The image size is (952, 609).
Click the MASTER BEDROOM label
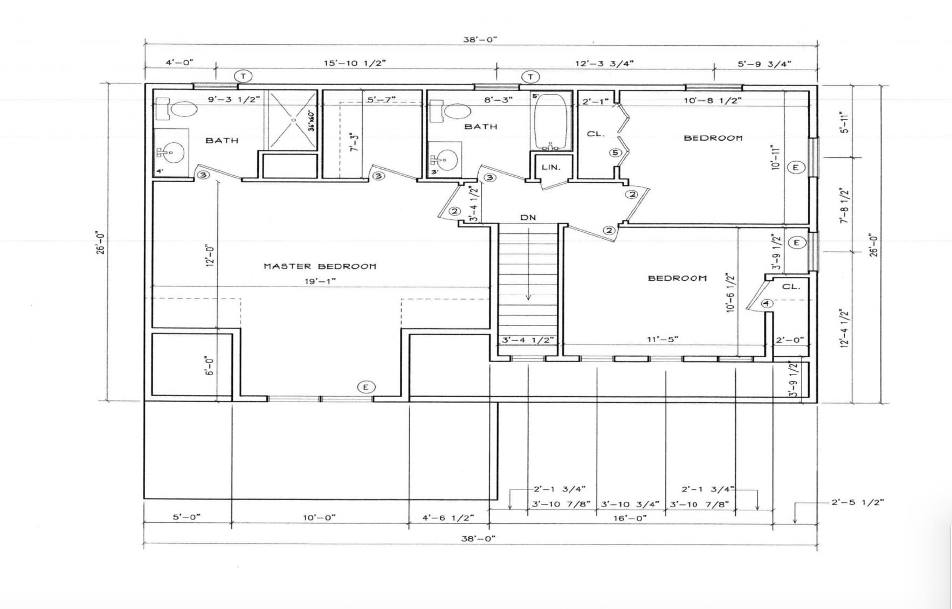(320, 266)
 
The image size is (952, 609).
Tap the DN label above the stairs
(528, 217)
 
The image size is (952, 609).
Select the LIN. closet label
(551, 167)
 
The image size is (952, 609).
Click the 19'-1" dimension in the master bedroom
(320, 281)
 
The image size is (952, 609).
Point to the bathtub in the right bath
(550, 122)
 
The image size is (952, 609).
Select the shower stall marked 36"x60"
(293, 120)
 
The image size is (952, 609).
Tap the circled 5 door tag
(616, 153)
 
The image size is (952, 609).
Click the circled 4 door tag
(767, 303)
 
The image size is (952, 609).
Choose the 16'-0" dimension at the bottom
(630, 517)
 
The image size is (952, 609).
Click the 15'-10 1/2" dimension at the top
(355, 63)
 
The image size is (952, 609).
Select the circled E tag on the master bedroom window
(366, 387)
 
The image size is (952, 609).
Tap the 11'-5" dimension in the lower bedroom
(663, 339)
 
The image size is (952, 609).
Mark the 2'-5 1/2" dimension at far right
(858, 502)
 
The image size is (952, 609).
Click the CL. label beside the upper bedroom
(596, 134)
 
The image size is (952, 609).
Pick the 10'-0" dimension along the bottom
(319, 517)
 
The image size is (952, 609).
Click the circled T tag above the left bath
(243, 76)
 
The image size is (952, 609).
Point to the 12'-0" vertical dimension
(210, 255)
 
